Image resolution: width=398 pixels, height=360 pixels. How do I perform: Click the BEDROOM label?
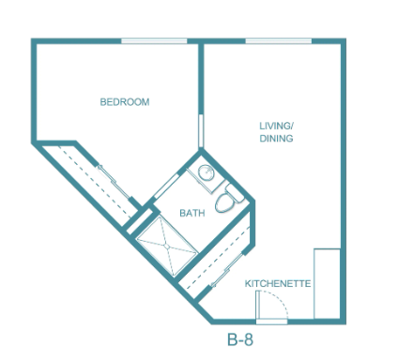pyautogui.click(x=125, y=102)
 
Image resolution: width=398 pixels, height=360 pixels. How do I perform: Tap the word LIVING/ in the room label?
pyautogui.click(x=276, y=126)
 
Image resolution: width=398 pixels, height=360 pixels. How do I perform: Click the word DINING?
pyautogui.click(x=276, y=138)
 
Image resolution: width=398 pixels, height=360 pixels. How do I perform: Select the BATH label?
pyautogui.click(x=192, y=213)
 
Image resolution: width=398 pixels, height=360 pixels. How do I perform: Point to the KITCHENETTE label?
pyautogui.click(x=278, y=283)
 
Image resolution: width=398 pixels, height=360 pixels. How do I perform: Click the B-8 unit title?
pyautogui.click(x=240, y=339)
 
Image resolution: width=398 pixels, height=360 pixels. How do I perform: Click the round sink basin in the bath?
pyautogui.click(x=207, y=172)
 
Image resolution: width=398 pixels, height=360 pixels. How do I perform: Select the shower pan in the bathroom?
pyautogui.click(x=167, y=247)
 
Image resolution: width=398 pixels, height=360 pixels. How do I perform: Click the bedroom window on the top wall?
pyautogui.click(x=154, y=41)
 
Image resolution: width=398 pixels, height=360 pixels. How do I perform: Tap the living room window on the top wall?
pyautogui.click(x=279, y=41)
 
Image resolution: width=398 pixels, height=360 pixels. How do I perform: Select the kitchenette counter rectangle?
pyautogui.click(x=327, y=284)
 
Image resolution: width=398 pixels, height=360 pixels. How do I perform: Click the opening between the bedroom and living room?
pyautogui.click(x=201, y=130)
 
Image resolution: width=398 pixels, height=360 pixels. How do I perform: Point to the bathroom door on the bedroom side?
pyautogui.click(x=167, y=187)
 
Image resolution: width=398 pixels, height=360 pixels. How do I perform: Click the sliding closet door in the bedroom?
pyautogui.click(x=114, y=181)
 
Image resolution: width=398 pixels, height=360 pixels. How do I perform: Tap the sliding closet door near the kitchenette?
pyautogui.click(x=227, y=269)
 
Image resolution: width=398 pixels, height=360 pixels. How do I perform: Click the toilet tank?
pyautogui.click(x=236, y=193)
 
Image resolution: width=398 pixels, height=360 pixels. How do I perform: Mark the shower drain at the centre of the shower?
pyautogui.click(x=167, y=247)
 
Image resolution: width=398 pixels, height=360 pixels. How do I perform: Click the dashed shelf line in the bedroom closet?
pyautogui.click(x=95, y=181)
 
